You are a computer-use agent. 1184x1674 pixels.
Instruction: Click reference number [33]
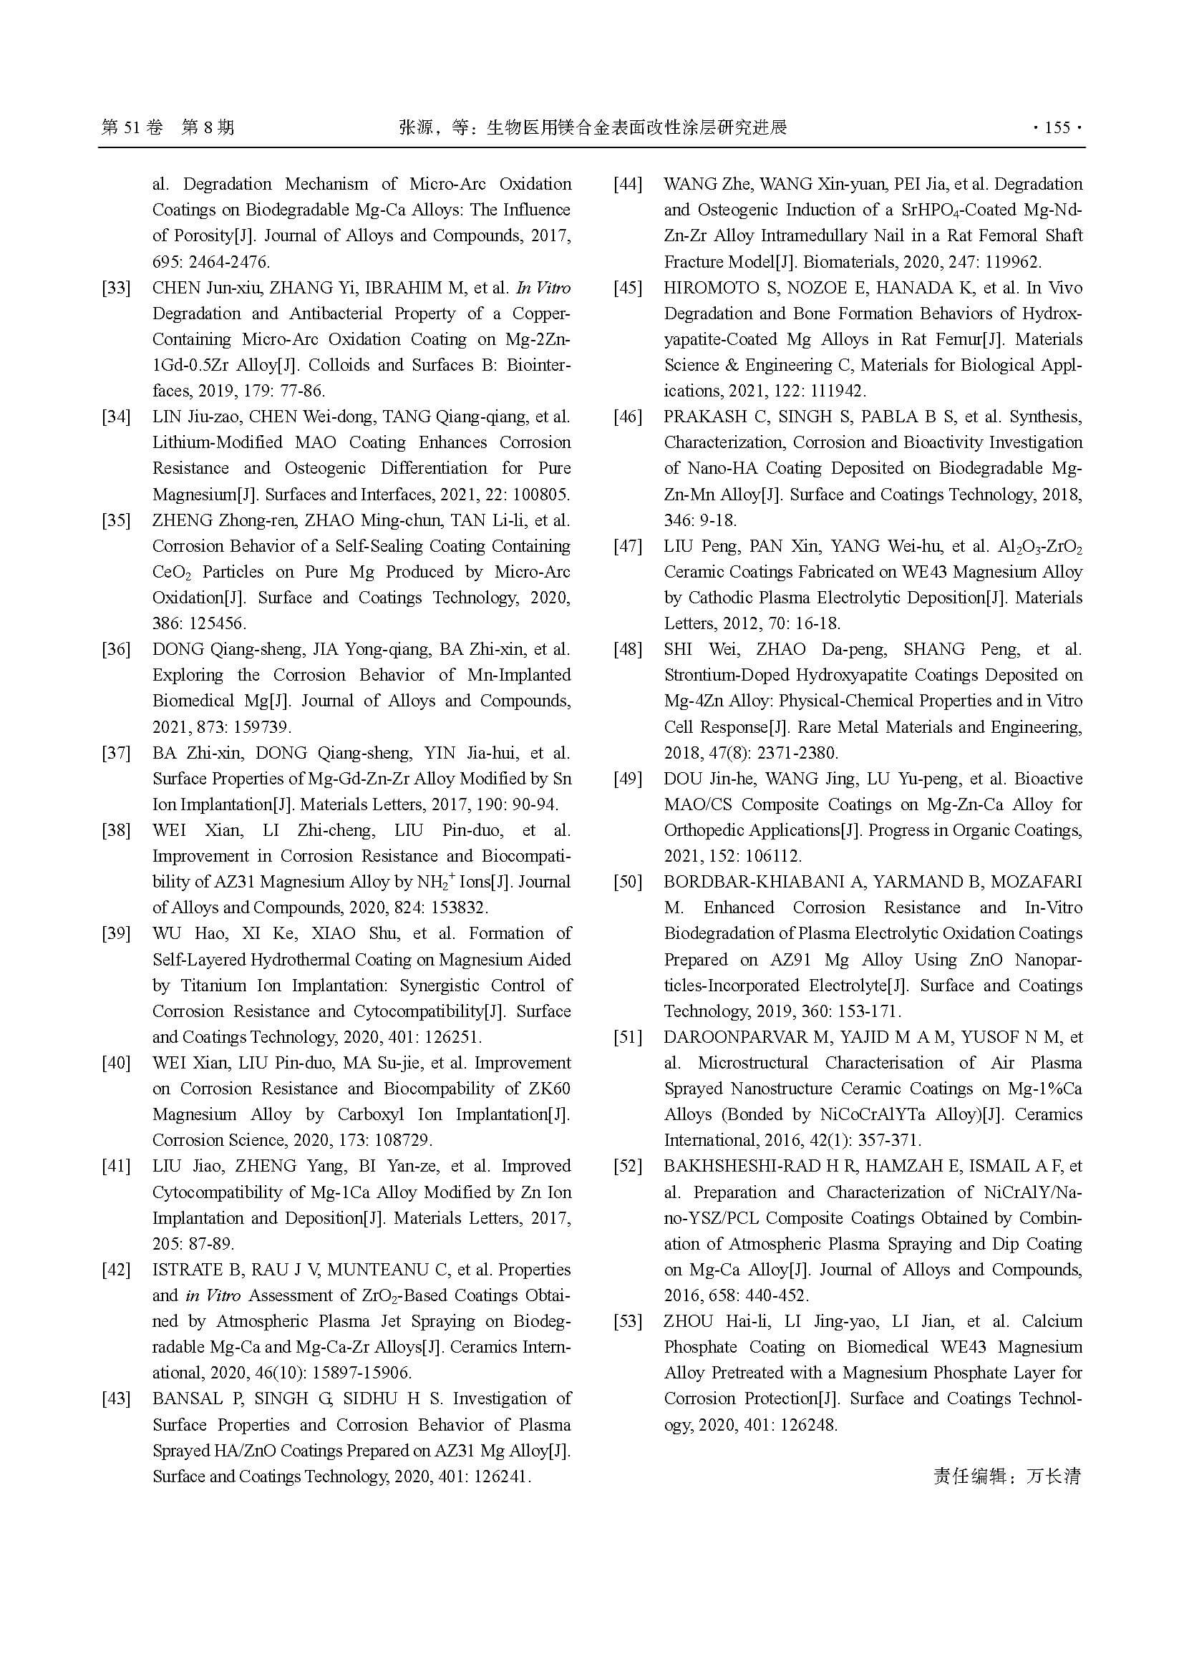click(116, 288)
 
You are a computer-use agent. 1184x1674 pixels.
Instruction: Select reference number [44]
click(628, 185)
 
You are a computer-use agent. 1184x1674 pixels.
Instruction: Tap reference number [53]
click(628, 1322)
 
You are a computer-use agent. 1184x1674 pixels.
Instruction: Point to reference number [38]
click(116, 830)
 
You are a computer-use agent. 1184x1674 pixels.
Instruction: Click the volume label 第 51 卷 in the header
click(132, 128)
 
